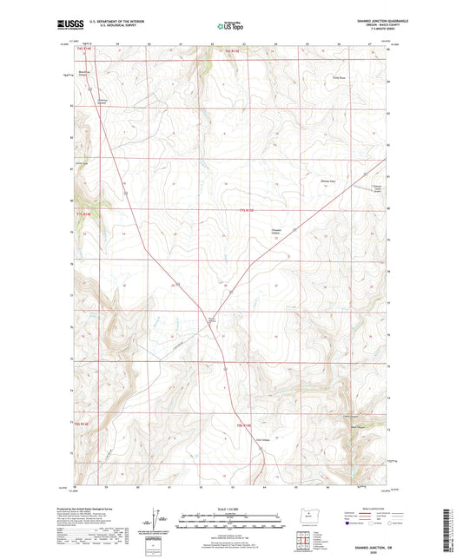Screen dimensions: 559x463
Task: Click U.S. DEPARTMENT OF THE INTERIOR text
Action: [121, 22]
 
